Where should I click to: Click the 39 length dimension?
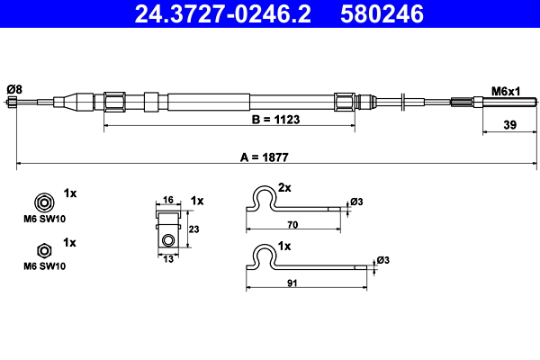[508, 126]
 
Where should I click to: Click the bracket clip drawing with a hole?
[167, 229]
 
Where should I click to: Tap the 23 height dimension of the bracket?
[193, 229]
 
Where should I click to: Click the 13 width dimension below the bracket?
[167, 259]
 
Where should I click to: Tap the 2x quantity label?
[285, 189]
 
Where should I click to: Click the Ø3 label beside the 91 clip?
[382, 260]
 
